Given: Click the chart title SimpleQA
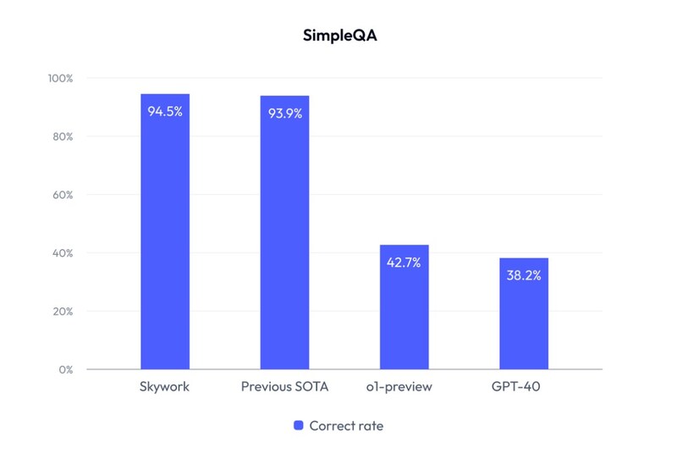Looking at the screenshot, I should (338, 37).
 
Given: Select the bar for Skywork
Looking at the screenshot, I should (165, 237).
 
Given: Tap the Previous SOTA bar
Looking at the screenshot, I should (285, 237).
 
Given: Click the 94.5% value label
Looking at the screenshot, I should (165, 111).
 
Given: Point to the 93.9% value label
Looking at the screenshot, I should (285, 113).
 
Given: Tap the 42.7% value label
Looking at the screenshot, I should (405, 263).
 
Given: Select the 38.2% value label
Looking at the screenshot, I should (524, 275).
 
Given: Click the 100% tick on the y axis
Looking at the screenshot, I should (62, 78).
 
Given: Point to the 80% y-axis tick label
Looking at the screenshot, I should (63, 136).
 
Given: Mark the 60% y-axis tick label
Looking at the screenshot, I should (63, 195).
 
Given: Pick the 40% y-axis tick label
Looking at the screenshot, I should (63, 253).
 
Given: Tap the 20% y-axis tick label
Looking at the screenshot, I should (63, 311).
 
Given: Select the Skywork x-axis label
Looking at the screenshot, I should (165, 387).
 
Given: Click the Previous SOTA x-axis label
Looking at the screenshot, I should (285, 387).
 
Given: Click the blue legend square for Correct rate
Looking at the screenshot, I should (298, 426).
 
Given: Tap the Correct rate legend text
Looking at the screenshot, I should (346, 426).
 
